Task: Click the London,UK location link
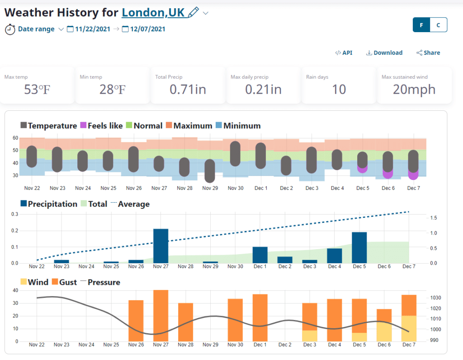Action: tap(153, 12)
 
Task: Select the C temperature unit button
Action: tap(438, 25)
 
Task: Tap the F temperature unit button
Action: tap(421, 25)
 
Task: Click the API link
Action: tap(344, 53)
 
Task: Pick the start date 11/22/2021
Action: tap(92, 29)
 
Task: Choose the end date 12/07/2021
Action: tap(147, 29)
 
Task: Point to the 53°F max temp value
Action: tap(37, 89)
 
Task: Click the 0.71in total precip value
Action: tap(188, 89)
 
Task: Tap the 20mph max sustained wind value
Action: tap(414, 89)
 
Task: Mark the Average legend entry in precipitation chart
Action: tap(133, 204)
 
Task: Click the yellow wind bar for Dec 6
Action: tap(384, 332)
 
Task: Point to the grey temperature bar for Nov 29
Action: tap(210, 171)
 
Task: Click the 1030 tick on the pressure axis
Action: tap(435, 298)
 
